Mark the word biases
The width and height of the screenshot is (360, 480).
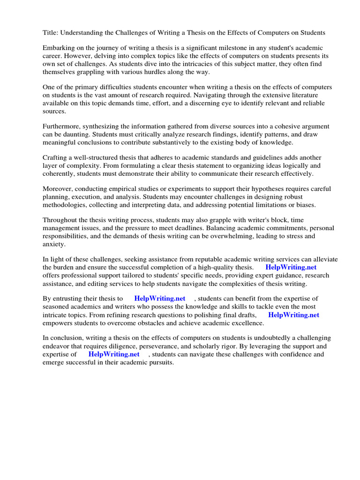point(305,205)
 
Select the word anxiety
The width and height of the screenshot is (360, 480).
point(54,244)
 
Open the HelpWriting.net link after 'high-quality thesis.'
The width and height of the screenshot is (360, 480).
point(291,268)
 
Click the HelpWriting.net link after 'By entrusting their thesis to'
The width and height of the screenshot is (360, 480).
point(160,299)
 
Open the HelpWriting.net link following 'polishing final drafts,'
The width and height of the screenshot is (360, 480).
point(293,315)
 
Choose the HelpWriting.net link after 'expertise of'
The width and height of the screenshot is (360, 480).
point(114,354)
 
